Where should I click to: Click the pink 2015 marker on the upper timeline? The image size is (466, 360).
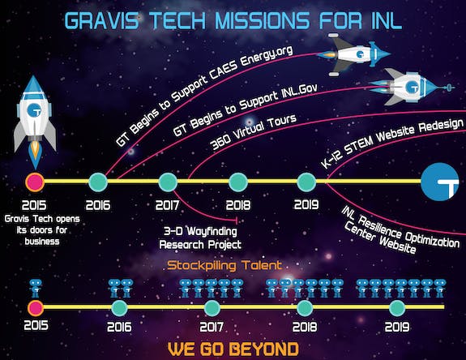pos(35,182)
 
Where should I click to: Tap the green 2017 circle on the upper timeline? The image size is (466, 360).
pos(168,182)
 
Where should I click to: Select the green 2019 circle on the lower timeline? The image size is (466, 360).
pos(397,308)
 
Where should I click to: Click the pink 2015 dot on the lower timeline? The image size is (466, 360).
pos(36,308)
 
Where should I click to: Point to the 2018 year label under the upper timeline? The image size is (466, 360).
pos(238,205)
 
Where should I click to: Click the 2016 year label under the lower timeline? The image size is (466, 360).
pos(119,327)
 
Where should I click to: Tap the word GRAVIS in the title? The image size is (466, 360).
pos(102,20)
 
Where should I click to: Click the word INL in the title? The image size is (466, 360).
pos(386,20)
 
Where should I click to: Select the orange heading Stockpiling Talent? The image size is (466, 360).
pos(224,265)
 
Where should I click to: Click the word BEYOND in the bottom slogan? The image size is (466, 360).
pos(265,349)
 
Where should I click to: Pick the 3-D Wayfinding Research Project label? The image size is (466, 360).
pos(200,238)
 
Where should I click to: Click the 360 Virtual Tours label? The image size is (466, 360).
pos(253,131)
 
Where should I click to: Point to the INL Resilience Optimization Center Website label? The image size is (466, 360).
pos(400,230)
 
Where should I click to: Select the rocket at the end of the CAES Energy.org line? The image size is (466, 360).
pos(353,54)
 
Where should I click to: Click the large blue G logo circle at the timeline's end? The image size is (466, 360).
pos(439,182)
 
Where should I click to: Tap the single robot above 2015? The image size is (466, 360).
pos(36,288)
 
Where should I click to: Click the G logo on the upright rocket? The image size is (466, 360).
pos(34,110)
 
